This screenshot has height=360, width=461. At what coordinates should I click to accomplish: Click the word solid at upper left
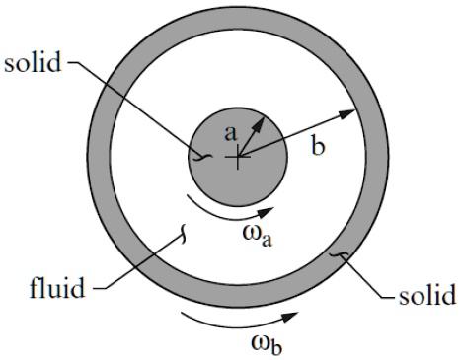[32, 64]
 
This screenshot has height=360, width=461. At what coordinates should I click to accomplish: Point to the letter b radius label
[317, 148]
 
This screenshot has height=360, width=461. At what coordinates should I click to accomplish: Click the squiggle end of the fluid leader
[181, 235]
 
